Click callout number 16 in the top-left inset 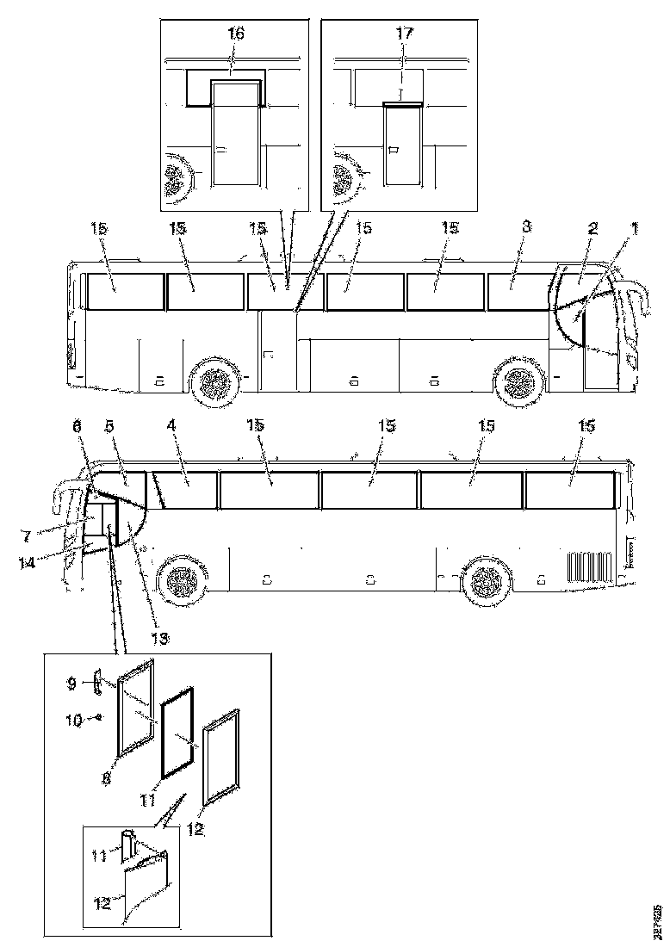235,34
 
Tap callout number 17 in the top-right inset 404,34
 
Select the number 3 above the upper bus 527,227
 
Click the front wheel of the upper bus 518,380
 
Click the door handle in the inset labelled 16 221,150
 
